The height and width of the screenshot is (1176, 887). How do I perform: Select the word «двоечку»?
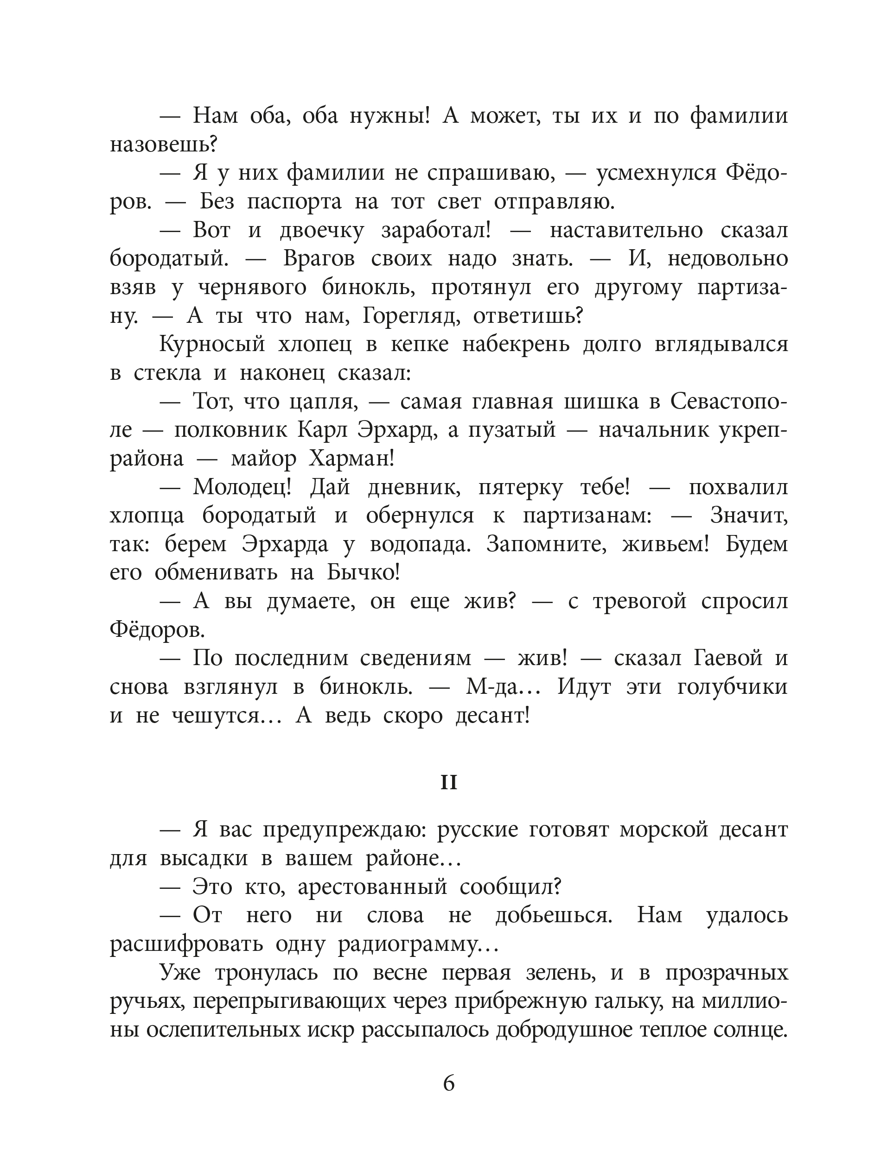pos(321,230)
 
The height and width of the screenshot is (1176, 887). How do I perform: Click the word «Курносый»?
pos(212,345)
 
